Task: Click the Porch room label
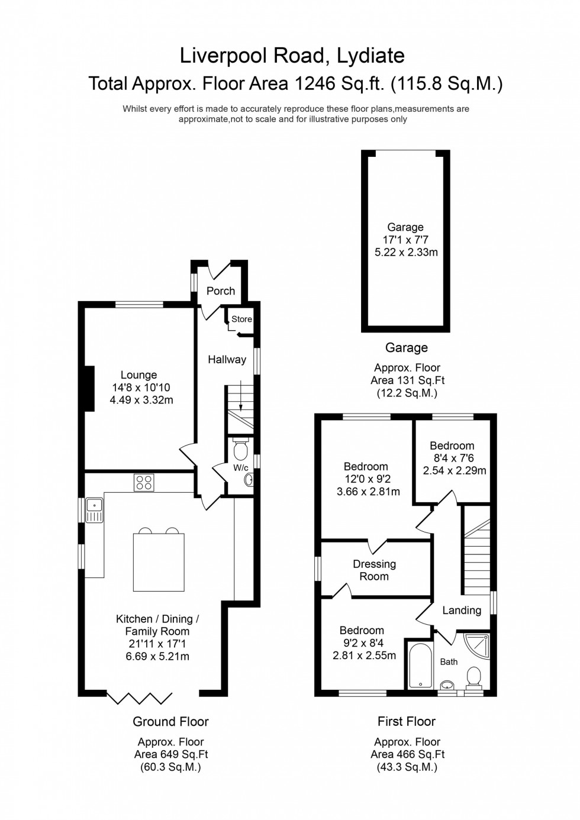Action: pos(221,291)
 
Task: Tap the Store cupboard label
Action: pos(241,319)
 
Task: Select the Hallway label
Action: pos(227,360)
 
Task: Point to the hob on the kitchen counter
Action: pos(144,483)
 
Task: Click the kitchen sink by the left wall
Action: pos(94,511)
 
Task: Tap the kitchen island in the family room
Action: pos(158,561)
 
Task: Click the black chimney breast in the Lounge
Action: pos(89,388)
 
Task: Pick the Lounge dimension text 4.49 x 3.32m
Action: pos(141,401)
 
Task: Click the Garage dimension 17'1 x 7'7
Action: pos(406,240)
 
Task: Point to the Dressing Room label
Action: pos(374,570)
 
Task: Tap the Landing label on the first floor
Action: pos(462,611)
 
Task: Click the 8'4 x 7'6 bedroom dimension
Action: pos(452,459)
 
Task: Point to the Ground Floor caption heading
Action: pos(170,722)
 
